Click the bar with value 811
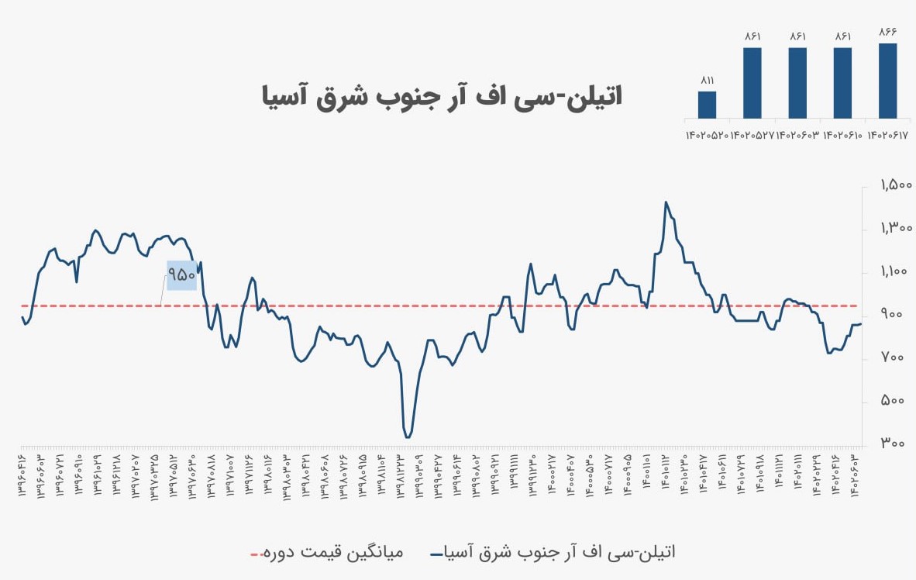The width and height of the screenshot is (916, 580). [707, 105]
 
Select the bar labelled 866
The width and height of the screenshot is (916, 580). [888, 81]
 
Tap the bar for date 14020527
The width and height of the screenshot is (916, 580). [752, 83]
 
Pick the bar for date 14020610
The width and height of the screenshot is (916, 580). [842, 83]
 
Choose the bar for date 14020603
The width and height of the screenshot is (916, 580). [797, 83]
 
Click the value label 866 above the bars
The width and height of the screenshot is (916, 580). [888, 32]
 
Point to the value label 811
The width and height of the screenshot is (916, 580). [707, 80]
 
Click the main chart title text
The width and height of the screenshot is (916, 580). [441, 97]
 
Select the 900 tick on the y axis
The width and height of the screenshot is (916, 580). [897, 314]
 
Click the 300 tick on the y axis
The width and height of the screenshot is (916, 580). [897, 444]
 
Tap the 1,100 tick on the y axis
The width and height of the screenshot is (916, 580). [897, 271]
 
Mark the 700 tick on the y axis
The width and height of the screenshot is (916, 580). [897, 357]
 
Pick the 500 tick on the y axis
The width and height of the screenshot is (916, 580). [897, 401]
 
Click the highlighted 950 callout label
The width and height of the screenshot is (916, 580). [181, 274]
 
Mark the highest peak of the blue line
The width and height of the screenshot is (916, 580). [666, 202]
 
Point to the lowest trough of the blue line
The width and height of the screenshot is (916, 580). [408, 437]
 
